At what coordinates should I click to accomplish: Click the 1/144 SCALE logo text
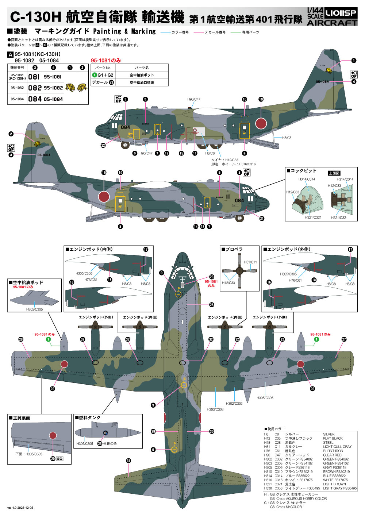click(315, 14)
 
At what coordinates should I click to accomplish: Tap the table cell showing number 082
click(35, 88)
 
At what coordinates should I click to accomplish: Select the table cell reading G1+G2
click(105, 75)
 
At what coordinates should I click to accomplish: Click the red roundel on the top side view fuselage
click(261, 123)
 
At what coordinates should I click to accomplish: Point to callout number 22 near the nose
click(103, 145)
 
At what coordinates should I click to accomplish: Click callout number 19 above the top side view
click(261, 99)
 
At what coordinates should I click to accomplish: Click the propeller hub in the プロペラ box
click(239, 270)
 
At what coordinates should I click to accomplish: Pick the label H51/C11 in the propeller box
click(250, 262)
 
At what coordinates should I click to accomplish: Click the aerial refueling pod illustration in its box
click(35, 297)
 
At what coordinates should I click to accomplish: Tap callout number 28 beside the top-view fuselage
click(212, 305)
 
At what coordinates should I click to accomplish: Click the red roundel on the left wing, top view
click(64, 364)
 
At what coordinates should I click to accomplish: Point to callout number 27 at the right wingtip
click(344, 339)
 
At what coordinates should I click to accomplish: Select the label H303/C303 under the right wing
click(215, 409)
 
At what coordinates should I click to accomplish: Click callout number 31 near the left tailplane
click(128, 461)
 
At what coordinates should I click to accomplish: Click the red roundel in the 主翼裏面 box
click(53, 435)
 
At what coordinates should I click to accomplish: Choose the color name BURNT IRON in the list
click(333, 451)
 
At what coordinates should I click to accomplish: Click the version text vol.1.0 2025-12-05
click(20, 508)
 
